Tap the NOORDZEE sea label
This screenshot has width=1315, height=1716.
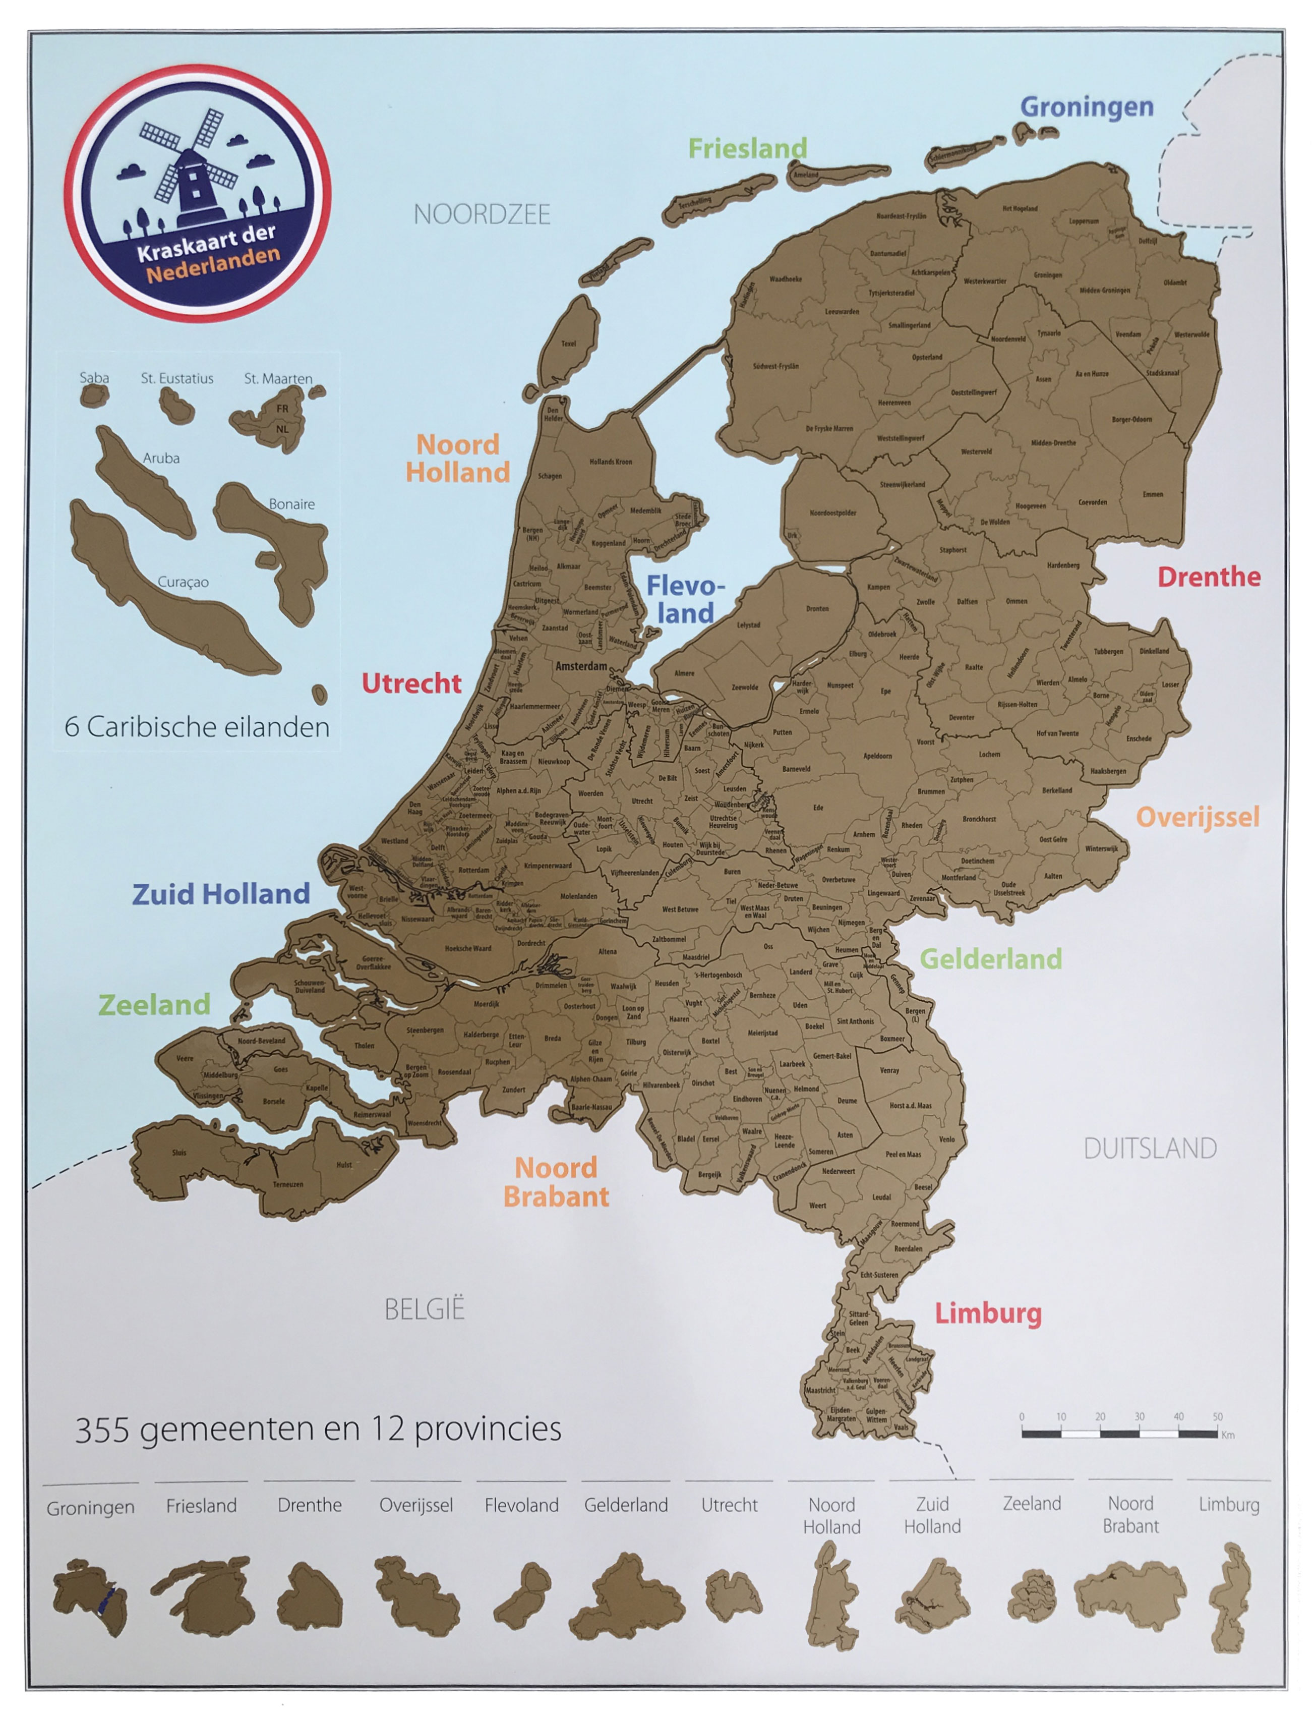coord(482,214)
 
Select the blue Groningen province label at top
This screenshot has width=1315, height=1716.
coord(1087,106)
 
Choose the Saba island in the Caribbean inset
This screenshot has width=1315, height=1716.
coord(93,395)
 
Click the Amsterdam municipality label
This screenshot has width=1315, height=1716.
coord(581,666)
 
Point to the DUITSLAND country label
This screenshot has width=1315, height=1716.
coord(1149,1149)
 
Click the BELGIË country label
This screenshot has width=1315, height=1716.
coord(424,1309)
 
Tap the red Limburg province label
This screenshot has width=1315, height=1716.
coord(988,1313)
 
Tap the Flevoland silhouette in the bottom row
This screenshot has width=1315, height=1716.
coord(522,1594)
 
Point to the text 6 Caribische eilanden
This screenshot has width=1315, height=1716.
coord(197,727)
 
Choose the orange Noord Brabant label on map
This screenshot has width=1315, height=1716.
coord(556,1182)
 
